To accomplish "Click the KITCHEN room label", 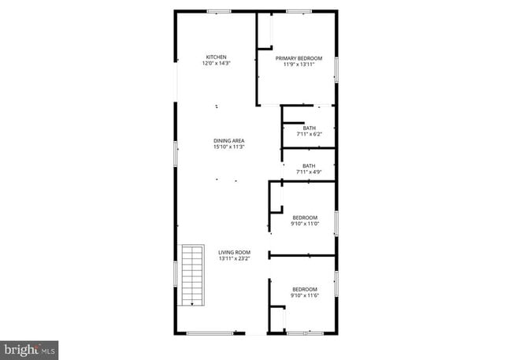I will (x=217, y=58).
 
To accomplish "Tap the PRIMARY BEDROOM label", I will (x=299, y=58).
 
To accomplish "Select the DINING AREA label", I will (x=228, y=140).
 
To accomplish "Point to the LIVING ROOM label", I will (x=234, y=252).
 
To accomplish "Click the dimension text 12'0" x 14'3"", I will (x=217, y=64).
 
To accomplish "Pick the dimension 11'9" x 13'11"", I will (x=299, y=65).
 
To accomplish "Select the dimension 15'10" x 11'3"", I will (x=228, y=147).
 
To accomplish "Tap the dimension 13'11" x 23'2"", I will (x=234, y=258).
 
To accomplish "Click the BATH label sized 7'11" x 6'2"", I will (x=309, y=128).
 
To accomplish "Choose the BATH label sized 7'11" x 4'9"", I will (x=309, y=165).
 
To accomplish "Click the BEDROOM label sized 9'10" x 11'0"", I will (x=305, y=217).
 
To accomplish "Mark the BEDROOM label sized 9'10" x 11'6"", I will (x=305, y=289).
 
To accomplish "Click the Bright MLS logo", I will (x=30, y=347).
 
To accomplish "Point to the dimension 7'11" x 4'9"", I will (x=309, y=172).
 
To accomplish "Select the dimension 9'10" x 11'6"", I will (x=305, y=295).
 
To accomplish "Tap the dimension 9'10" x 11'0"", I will (x=305, y=224).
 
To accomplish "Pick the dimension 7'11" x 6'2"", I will (x=309, y=134).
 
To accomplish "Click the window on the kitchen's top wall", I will (x=218, y=11).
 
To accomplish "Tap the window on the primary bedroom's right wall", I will (x=336, y=69).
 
